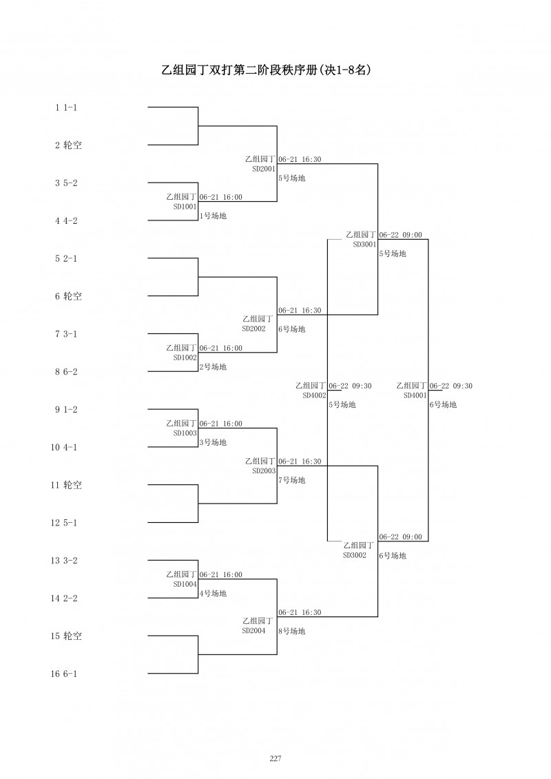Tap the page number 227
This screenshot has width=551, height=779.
275,758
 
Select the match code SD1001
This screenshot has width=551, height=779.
185,206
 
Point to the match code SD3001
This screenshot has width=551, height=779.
364,244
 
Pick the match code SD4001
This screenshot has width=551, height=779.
415,395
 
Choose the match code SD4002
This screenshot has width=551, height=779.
314,395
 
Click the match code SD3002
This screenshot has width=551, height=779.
355,555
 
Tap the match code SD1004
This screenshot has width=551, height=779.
185,584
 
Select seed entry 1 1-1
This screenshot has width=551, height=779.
66,107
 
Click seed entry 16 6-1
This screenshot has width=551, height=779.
63,674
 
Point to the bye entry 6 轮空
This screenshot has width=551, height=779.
68,296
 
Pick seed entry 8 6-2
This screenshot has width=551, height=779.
66,372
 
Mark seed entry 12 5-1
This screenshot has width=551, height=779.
63,523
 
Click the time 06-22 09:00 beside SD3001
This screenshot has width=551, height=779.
401,235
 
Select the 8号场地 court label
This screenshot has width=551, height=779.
291,631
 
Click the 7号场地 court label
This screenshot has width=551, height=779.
291,480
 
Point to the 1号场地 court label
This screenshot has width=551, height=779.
213,216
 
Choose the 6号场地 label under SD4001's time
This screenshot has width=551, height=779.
443,405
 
